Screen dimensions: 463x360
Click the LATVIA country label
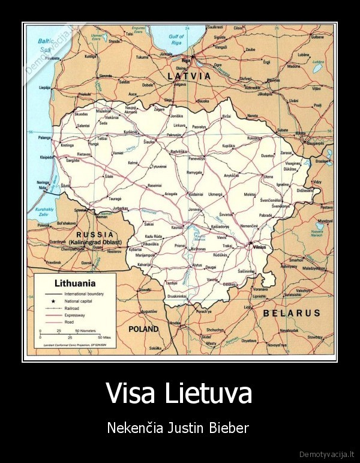[x=189, y=76]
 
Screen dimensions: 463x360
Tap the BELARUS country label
[x=292, y=313]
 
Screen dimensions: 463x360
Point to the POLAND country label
[x=143, y=329]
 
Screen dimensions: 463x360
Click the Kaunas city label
[x=176, y=228]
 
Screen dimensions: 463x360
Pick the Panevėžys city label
[x=196, y=159]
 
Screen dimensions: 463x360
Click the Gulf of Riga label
[x=176, y=40]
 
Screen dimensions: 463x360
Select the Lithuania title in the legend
[x=75, y=282]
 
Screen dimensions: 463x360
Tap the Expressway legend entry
[x=75, y=314]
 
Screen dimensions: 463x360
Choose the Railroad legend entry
[x=71, y=307]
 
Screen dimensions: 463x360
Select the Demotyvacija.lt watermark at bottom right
[x=326, y=453]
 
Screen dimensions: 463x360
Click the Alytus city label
[x=197, y=265]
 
